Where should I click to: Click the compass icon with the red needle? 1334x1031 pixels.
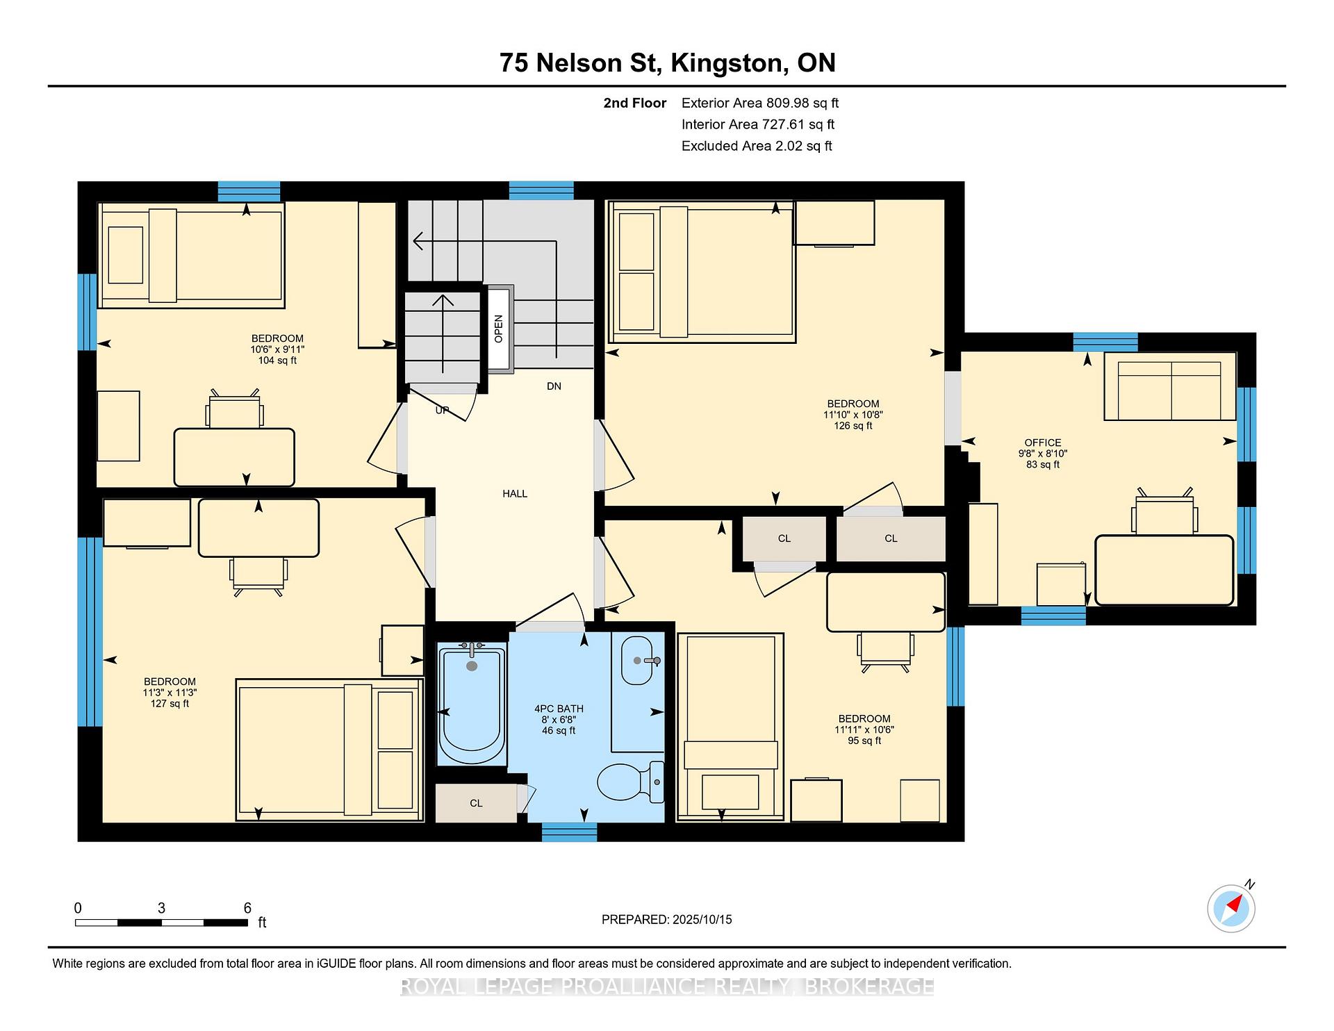point(1231,907)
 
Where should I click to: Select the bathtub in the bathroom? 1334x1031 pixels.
point(472,703)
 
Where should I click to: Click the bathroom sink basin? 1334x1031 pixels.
point(637,660)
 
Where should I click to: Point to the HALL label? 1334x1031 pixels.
point(515,494)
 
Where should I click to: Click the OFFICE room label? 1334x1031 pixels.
point(1043,443)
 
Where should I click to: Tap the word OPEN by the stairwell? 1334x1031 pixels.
point(499,329)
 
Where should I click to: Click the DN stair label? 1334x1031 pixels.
point(554,386)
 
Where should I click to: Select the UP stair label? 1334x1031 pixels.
point(442,411)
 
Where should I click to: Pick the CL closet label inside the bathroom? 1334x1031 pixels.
point(476,803)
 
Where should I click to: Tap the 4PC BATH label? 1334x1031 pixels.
point(559,709)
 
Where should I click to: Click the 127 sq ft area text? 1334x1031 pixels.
point(170,704)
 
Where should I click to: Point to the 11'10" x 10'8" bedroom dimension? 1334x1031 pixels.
point(853,415)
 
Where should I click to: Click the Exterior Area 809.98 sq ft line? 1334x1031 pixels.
point(760,103)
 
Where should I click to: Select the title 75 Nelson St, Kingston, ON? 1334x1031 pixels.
point(668,63)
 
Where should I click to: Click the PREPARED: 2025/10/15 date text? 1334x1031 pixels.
point(667,920)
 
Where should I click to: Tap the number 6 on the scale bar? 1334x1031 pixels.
point(247,908)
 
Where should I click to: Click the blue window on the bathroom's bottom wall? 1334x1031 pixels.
point(569,832)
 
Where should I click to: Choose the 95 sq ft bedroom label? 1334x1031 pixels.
point(864,741)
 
